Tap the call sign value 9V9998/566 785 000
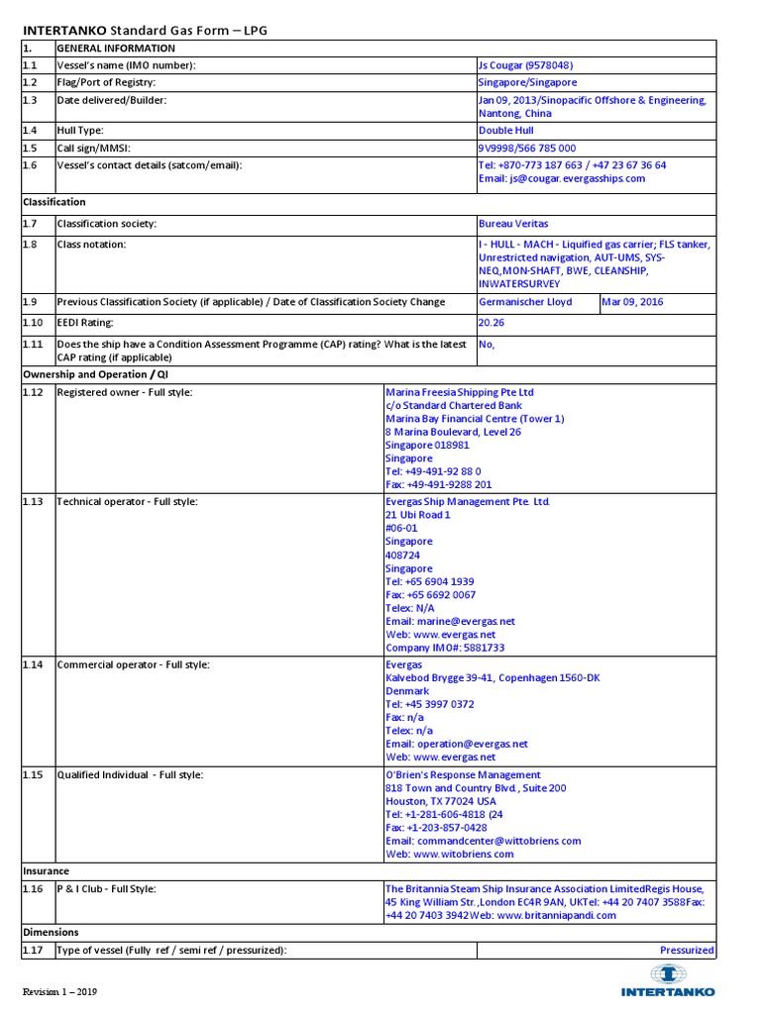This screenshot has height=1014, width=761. (526, 148)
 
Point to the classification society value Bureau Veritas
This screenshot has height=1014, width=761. (512, 224)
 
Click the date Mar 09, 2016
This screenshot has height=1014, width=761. (633, 302)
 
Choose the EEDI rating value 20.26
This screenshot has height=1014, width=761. (492, 322)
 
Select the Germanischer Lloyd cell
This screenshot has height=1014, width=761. (525, 302)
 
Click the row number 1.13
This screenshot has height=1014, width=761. (34, 502)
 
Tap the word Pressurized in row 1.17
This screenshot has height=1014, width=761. (687, 951)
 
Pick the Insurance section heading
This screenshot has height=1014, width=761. (46, 871)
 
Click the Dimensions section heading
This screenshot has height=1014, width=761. (51, 933)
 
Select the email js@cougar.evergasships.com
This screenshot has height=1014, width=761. (561, 179)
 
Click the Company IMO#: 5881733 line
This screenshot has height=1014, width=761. (445, 648)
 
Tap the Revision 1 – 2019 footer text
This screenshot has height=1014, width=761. (60, 991)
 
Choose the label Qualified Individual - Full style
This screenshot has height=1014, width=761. (130, 774)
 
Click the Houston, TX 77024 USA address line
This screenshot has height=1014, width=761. (441, 801)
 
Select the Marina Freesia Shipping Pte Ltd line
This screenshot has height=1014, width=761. (460, 392)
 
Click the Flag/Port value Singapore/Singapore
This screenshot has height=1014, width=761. (527, 83)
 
